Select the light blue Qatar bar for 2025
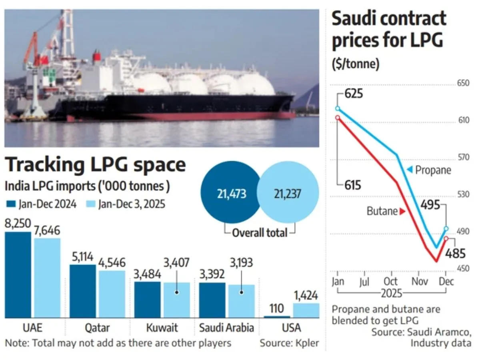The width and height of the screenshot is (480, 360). pyautogui.click(x=112, y=294)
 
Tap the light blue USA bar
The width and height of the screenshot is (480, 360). pyautogui.click(x=306, y=310)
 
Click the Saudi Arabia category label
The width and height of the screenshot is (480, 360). pyautogui.click(x=226, y=328)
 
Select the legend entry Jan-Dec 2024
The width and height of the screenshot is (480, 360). pyautogui.click(x=42, y=204)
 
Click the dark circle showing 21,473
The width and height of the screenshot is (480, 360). pyautogui.click(x=232, y=194)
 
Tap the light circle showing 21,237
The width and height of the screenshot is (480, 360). pyautogui.click(x=288, y=194)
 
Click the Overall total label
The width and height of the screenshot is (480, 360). pyautogui.click(x=260, y=232)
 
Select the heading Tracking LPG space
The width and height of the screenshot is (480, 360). pyautogui.click(x=95, y=165)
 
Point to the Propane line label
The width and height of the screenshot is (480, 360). pyautogui.click(x=432, y=170)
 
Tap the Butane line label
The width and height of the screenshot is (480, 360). pyautogui.click(x=382, y=211)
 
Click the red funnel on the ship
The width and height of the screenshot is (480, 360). pyautogui.click(x=96, y=57)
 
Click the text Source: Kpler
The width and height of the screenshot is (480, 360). pyautogui.click(x=290, y=343)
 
